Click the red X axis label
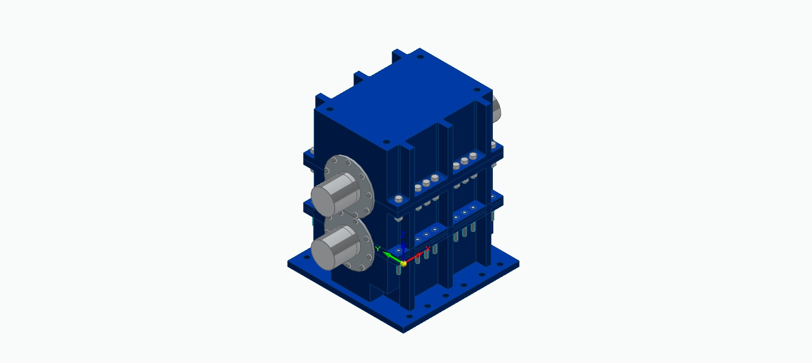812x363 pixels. click(428, 249)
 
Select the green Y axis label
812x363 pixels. click(378, 249)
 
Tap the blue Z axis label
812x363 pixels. click(403, 235)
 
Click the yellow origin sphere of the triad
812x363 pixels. click(404, 264)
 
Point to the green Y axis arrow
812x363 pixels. click(393, 257)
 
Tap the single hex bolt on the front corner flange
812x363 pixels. click(399, 199)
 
